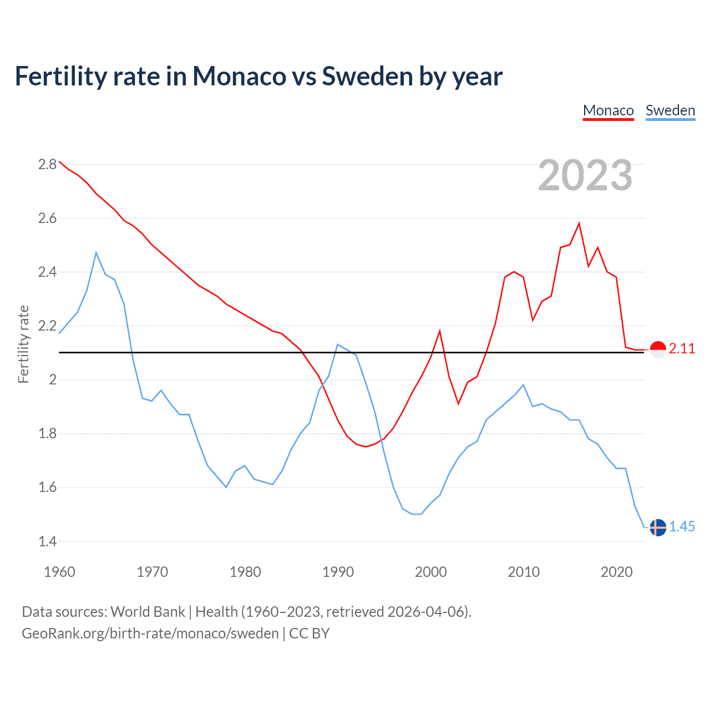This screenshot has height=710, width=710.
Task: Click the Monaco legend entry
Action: coord(608,110)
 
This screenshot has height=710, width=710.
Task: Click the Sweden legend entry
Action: coord(670,110)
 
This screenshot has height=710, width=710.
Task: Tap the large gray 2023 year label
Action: coord(585,175)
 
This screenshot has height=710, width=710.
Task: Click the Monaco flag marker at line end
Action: coord(658,349)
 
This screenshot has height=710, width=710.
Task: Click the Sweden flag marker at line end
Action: coord(658,528)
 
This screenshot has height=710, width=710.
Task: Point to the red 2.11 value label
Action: coord(682,349)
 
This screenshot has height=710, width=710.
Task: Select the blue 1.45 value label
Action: coord(682,527)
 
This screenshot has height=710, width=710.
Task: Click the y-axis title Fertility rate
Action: coord(23,344)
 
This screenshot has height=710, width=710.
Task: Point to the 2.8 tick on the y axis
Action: coord(47,164)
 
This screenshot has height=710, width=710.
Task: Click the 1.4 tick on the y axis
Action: coord(47,541)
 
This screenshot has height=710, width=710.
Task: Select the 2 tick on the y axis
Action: coord(53,380)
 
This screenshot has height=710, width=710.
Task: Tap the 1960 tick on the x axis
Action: coord(59,572)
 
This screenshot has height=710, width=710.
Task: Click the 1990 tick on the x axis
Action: coord(338,572)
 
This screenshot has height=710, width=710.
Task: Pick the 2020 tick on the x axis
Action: coord(616,572)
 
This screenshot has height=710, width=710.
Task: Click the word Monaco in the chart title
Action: coord(239,77)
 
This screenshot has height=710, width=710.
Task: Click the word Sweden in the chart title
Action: coord(367,77)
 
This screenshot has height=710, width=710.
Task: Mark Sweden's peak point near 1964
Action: coord(96,253)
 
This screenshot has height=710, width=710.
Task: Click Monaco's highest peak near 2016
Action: coord(579,224)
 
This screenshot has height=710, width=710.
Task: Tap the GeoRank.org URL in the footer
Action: coord(150,633)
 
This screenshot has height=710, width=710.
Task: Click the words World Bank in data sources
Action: coord(148,612)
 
